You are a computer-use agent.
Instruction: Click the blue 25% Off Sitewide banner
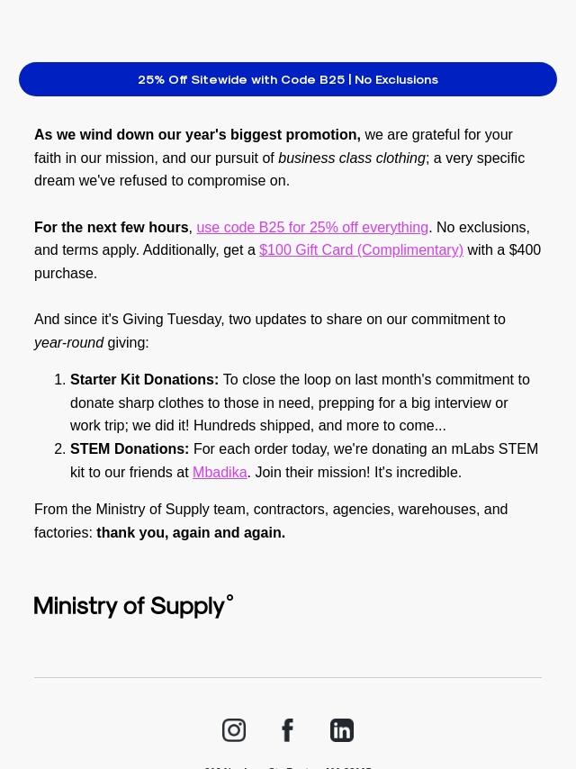pyautogui.click(x=287, y=79)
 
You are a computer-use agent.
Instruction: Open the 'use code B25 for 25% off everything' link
pyautogui.click(x=312, y=227)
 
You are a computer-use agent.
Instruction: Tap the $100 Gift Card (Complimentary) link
pyautogui.click(x=361, y=250)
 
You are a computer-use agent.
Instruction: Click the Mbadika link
pyautogui.click(x=220, y=472)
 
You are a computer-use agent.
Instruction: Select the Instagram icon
pyautogui.click(x=234, y=730)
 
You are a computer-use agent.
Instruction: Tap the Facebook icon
pyautogui.click(x=288, y=730)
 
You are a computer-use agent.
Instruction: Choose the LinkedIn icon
pyautogui.click(x=342, y=730)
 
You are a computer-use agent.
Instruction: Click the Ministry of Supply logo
pyautogui.click(x=133, y=606)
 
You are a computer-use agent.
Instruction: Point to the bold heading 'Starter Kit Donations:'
pyautogui.click(x=144, y=380)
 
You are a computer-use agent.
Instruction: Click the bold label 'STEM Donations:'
pyautogui.click(x=130, y=448)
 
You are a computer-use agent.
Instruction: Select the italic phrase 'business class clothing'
pyautogui.click(x=351, y=158)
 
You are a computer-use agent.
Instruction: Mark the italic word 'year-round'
pyautogui.click(x=68, y=342)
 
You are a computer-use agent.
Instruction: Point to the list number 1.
pyautogui.click(x=59, y=380)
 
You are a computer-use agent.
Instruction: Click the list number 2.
pyautogui.click(x=59, y=448)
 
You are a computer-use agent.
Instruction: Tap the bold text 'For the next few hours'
pyautogui.click(x=112, y=227)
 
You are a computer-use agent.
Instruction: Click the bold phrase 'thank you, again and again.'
pyautogui.click(x=191, y=532)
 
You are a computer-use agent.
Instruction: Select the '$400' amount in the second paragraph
pyautogui.click(x=525, y=250)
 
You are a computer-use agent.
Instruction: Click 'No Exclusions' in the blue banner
pyautogui.click(x=396, y=79)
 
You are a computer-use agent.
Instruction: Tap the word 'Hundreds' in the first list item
pyautogui.click(x=223, y=426)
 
